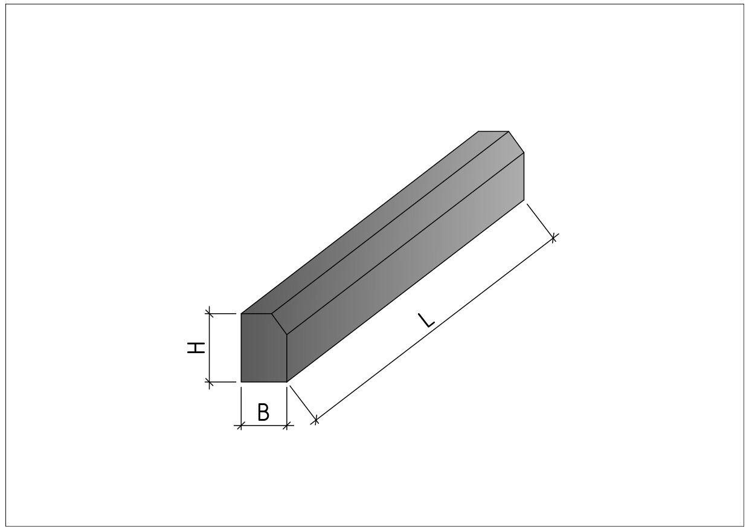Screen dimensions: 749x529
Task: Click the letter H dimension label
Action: [x=196, y=348]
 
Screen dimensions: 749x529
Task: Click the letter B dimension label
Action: [x=263, y=412]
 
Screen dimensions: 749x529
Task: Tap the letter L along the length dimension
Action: [x=426, y=320]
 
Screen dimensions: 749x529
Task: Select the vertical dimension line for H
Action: [x=210, y=348]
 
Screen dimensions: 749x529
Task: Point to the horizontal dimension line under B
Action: [x=264, y=426]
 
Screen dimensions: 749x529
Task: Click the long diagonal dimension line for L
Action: [x=435, y=329]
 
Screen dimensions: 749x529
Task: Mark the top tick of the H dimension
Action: [x=210, y=314]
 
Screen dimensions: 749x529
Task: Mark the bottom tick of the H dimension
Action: [x=210, y=381]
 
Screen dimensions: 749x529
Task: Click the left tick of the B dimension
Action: [x=241, y=426]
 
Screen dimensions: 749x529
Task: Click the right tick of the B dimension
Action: [x=287, y=426]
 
